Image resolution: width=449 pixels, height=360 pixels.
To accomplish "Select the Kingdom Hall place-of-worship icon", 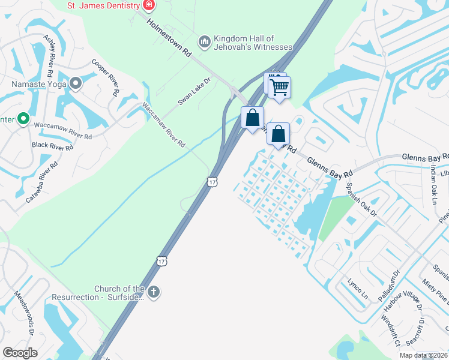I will (205, 41).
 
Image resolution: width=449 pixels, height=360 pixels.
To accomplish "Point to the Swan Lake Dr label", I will (195, 92).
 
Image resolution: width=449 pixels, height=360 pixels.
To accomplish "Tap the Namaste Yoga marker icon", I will (76, 84).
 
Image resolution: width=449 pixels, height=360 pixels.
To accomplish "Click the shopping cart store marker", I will (280, 88).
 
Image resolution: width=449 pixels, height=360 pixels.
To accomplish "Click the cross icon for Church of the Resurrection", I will (154, 292).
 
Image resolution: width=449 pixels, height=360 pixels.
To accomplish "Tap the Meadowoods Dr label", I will (27, 313).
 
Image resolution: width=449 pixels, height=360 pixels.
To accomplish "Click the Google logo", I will (20, 353).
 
